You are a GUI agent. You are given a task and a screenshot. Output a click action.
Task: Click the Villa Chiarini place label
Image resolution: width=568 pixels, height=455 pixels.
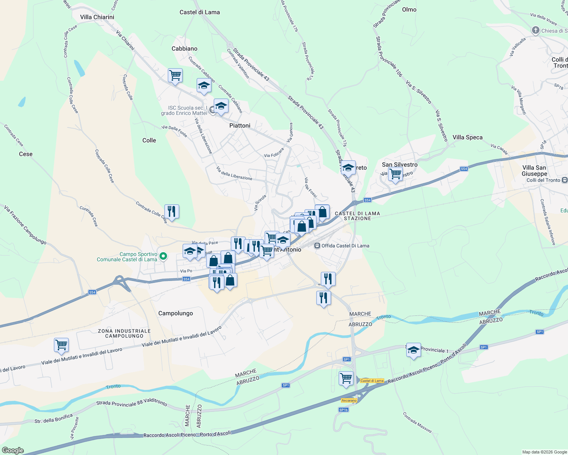click(97, 17)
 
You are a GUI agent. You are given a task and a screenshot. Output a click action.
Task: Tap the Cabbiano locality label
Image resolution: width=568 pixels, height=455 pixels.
click(185, 49)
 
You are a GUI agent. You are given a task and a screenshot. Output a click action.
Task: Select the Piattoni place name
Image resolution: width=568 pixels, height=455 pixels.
click(240, 126)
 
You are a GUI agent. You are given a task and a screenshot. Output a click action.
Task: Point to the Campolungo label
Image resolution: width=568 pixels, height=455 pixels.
click(175, 313)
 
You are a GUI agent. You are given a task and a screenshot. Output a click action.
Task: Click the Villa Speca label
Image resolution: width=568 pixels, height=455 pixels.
click(467, 137)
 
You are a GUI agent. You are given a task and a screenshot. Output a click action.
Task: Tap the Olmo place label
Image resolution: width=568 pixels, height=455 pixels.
click(409, 9)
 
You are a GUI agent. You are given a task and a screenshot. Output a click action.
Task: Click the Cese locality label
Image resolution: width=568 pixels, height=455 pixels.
click(26, 154)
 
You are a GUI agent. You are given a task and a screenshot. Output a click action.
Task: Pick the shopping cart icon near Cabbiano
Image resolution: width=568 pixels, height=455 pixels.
click(175, 75)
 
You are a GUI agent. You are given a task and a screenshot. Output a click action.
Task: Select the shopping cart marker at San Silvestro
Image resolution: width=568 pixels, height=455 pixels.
click(395, 174)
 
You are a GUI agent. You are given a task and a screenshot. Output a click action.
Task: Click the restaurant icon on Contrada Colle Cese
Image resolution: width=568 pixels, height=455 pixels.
click(172, 211)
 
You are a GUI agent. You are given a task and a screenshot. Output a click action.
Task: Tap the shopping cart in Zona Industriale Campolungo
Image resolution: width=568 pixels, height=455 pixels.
click(61, 345)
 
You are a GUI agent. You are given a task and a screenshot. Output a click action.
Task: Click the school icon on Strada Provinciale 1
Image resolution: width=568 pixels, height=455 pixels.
click(413, 350)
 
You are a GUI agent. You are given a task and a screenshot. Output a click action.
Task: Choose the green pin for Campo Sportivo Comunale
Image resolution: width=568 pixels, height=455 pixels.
click(163, 257)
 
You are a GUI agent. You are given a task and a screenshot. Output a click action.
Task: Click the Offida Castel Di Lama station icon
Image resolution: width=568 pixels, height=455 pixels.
click(317, 246)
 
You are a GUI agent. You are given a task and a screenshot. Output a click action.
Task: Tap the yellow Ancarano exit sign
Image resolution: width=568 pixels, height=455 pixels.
click(349, 400)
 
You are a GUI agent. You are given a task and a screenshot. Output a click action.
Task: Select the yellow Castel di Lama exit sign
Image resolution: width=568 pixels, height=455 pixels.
click(372, 381)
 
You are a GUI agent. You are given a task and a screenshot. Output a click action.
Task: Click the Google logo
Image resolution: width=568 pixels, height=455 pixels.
click(13, 450)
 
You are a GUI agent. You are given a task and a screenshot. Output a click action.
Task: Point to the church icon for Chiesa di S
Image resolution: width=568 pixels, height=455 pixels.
click(535, 31)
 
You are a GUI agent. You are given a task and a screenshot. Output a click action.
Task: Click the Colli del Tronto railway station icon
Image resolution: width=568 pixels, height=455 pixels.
click(565, 180)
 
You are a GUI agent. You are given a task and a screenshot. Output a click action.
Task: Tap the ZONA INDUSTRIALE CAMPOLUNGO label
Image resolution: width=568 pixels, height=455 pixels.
click(125, 333)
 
